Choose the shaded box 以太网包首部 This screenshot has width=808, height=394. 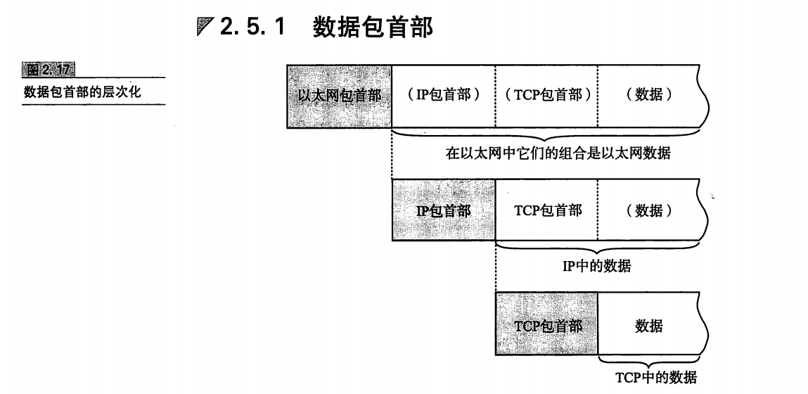pyautogui.click(x=339, y=96)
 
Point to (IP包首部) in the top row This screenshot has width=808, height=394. pyautogui.click(x=443, y=96)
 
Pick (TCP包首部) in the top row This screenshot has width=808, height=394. pyautogui.click(x=546, y=96)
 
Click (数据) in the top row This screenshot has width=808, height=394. pyautogui.click(x=648, y=96)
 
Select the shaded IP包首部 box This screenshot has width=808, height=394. pyautogui.click(x=444, y=210)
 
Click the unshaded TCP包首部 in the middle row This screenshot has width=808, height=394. pyautogui.click(x=547, y=210)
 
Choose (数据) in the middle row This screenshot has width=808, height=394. pyautogui.click(x=648, y=210)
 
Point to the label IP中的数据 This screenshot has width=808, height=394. pyautogui.click(x=598, y=267)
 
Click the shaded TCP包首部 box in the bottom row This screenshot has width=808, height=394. pyautogui.click(x=547, y=326)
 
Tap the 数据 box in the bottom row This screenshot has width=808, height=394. pyautogui.click(x=648, y=326)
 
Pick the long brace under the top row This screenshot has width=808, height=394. pyautogui.click(x=549, y=136)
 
